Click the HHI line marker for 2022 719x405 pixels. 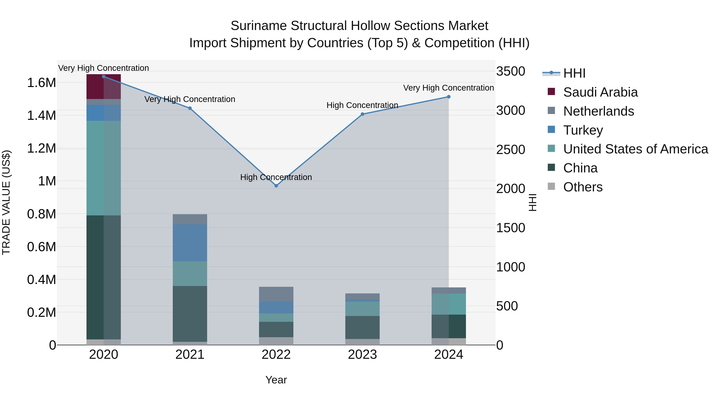pyautogui.click(x=276, y=186)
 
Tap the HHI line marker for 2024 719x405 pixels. pyautogui.click(x=449, y=97)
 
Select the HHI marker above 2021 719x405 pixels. pyautogui.click(x=190, y=108)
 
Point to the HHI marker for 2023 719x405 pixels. pyautogui.click(x=362, y=114)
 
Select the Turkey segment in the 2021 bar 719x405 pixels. pyautogui.click(x=190, y=243)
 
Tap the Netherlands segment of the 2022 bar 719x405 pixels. pyautogui.click(x=276, y=294)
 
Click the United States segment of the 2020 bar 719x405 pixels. pyautogui.click(x=103, y=168)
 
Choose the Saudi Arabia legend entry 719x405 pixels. pyautogui.click(x=600, y=92)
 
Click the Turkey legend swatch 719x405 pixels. pyautogui.click(x=551, y=130)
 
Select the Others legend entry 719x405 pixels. pyautogui.click(x=583, y=187)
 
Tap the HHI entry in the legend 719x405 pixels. pyautogui.click(x=574, y=73)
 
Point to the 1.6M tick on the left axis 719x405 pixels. pyautogui.click(x=41, y=83)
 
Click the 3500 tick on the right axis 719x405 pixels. pyautogui.click(x=510, y=71)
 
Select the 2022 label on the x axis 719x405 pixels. pyautogui.click(x=276, y=355)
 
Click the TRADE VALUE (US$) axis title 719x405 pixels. pyautogui.click(x=6, y=202)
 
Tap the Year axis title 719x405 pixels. pyautogui.click(x=276, y=380)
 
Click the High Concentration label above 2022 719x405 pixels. pyautogui.click(x=276, y=177)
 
